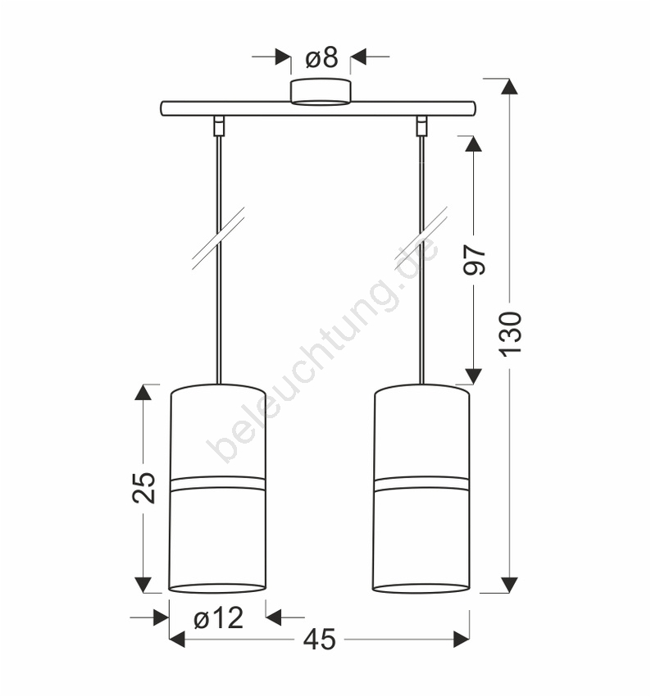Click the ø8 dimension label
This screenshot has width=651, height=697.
321,57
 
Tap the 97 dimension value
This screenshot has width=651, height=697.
475,260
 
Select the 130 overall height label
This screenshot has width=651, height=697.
511,334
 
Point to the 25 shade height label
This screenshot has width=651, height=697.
144,487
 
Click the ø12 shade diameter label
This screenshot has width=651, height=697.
219,618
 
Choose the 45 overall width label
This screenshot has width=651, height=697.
320,640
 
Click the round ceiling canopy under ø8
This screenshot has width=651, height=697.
321,93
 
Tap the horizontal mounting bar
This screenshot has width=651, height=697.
318,109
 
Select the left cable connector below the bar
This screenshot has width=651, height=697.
218,125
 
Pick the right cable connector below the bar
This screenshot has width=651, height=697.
421,125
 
